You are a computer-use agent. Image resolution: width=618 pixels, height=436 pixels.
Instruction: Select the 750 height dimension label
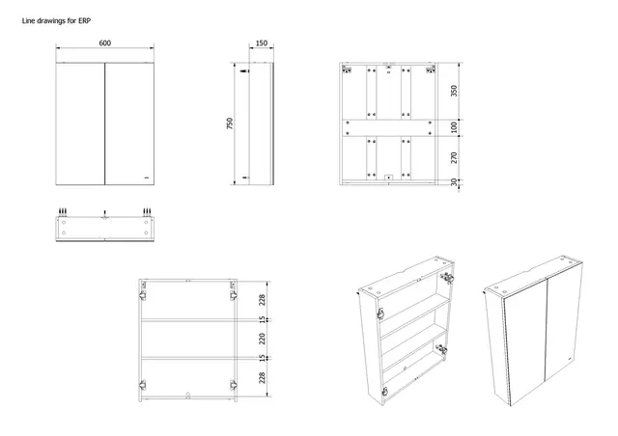(230, 124)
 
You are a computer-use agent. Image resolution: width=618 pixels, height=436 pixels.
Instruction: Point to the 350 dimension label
(454, 92)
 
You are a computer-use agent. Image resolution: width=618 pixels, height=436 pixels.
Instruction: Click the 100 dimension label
(454, 127)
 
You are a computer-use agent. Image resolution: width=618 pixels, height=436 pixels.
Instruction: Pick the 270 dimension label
(454, 156)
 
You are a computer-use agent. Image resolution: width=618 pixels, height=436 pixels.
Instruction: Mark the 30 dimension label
(454, 182)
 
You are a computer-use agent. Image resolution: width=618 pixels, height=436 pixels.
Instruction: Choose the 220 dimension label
(262, 339)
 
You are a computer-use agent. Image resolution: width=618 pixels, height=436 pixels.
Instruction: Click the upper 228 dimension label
(262, 300)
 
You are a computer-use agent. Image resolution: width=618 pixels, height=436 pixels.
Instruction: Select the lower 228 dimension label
(262, 377)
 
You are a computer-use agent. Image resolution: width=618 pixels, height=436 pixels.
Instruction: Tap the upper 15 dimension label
(262, 319)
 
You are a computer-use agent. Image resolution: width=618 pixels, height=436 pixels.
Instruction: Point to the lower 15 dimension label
(262, 358)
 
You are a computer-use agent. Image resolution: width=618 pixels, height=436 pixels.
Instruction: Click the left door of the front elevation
(78, 123)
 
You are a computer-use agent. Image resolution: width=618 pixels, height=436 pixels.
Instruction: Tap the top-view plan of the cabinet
(104, 227)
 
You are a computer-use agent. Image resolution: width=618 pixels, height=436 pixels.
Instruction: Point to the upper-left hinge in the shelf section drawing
(145, 286)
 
